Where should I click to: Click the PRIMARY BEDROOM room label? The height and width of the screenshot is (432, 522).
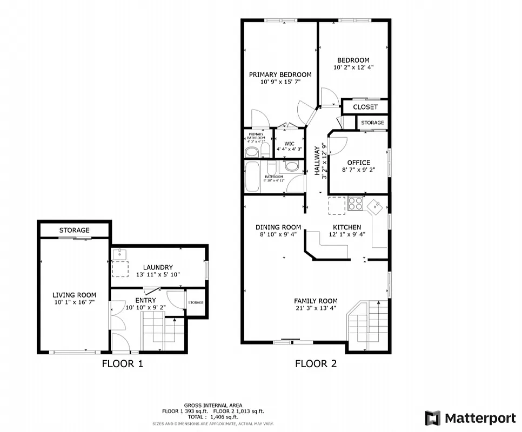(280, 75)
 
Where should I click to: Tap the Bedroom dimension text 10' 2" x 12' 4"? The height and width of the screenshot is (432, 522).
(353, 67)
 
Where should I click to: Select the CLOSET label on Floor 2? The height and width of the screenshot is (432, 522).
(365, 107)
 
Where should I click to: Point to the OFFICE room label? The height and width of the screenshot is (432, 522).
(358, 163)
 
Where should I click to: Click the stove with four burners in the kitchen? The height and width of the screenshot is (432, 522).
(355, 204)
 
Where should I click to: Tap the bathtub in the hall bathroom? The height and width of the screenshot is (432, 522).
(252, 177)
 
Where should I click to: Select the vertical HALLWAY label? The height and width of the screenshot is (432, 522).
(318, 160)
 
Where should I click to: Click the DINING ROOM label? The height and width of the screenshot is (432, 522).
(278, 227)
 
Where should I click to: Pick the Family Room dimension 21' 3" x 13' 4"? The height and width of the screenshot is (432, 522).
(316, 308)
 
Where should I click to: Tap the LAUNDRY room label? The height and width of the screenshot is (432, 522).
(158, 267)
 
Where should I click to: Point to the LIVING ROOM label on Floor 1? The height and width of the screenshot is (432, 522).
(74, 295)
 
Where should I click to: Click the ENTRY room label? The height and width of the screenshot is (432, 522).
(145, 300)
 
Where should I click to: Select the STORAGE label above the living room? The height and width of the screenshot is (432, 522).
(74, 231)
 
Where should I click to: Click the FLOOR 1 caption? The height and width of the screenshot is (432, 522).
(122, 364)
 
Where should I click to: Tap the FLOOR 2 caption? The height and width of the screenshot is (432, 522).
(316, 364)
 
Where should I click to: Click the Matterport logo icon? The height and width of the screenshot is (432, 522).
(432, 418)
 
